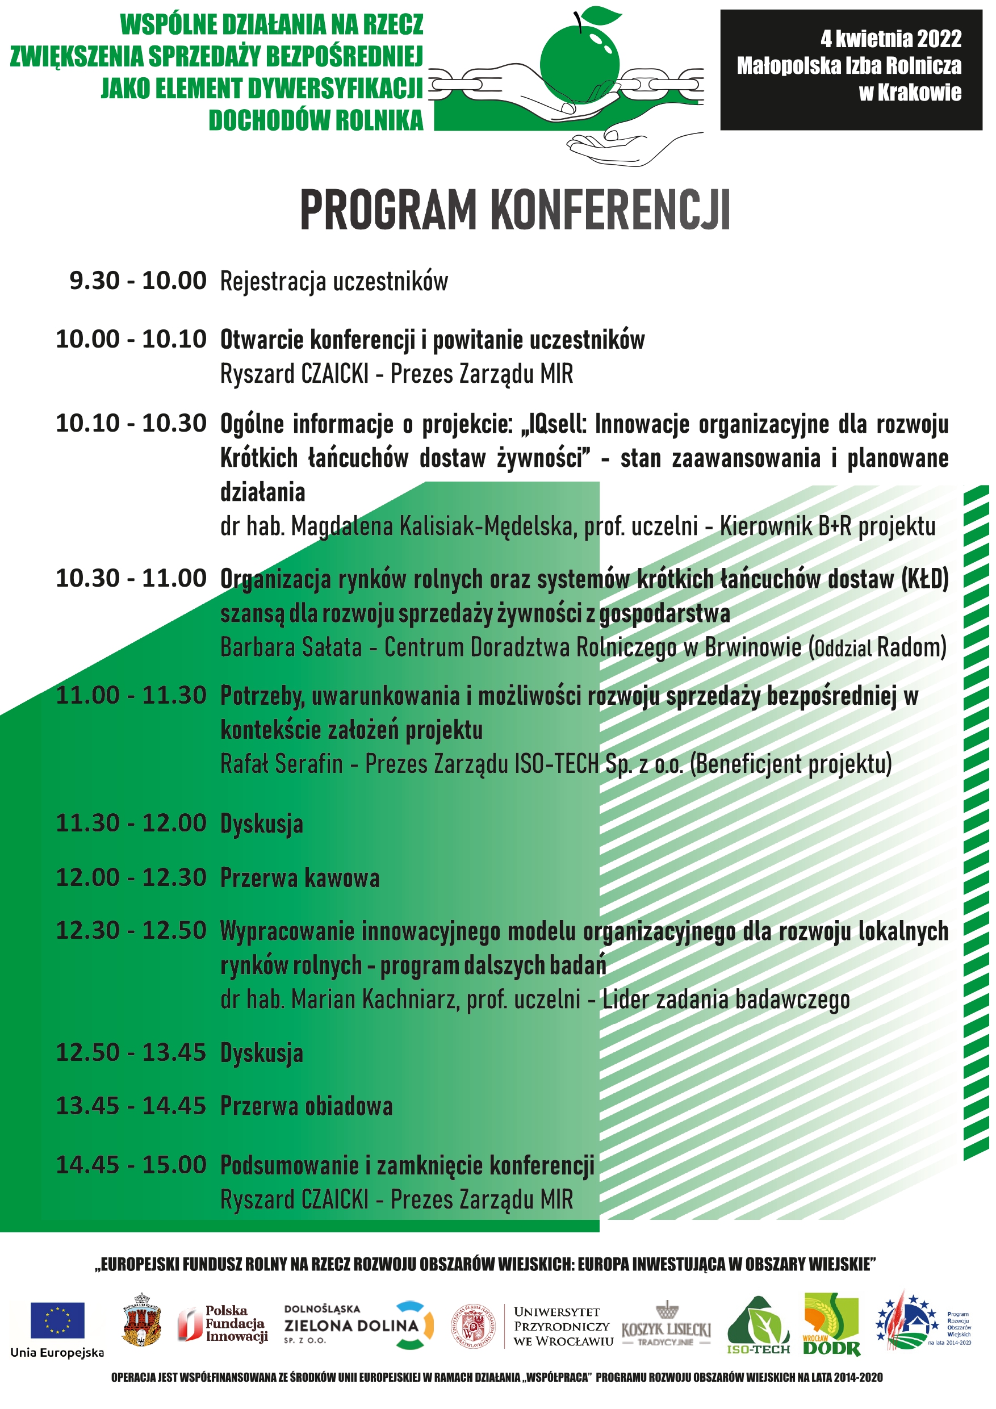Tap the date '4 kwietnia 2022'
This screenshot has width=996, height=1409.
[x=890, y=39]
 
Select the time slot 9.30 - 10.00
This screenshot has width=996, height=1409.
[x=137, y=281]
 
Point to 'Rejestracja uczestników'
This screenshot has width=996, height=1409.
[x=334, y=282]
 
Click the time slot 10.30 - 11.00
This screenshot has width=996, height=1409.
[x=131, y=578]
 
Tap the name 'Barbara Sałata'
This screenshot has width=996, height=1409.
[x=291, y=647]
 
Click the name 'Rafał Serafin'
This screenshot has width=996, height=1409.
[x=281, y=764]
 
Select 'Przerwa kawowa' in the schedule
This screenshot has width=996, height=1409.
[x=299, y=877]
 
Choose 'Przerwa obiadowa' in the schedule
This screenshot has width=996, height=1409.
[x=306, y=1106]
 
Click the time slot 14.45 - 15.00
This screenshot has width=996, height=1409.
[x=131, y=1165]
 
